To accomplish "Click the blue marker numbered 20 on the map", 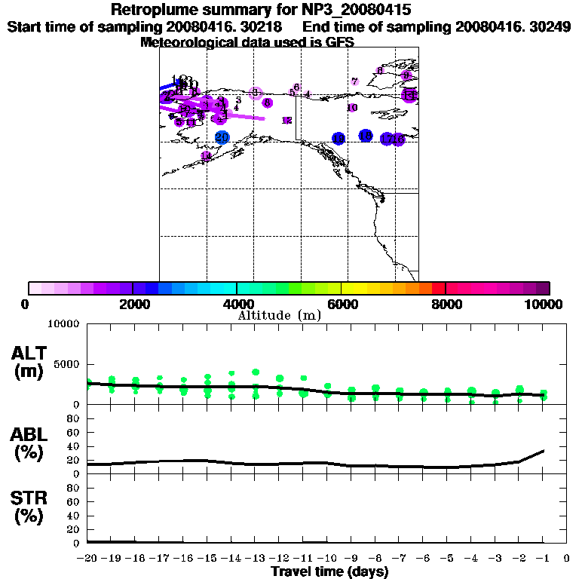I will coord(222,137).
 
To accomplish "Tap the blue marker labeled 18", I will coord(339,139).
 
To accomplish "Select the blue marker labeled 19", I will coord(366,136).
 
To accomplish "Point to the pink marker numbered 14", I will coord(206,156).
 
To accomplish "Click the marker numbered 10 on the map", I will coord(352,108).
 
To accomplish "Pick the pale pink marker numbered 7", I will coord(354,81).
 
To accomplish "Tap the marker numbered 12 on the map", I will coord(286,121).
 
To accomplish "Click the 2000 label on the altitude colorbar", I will coord(132,304).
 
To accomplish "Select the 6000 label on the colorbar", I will coord(342,304).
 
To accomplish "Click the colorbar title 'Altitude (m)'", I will coord(279,315).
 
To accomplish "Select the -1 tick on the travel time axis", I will coord(543,559).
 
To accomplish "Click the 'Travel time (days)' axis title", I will coord(329,571).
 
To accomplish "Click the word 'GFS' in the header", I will coord(339,42).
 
